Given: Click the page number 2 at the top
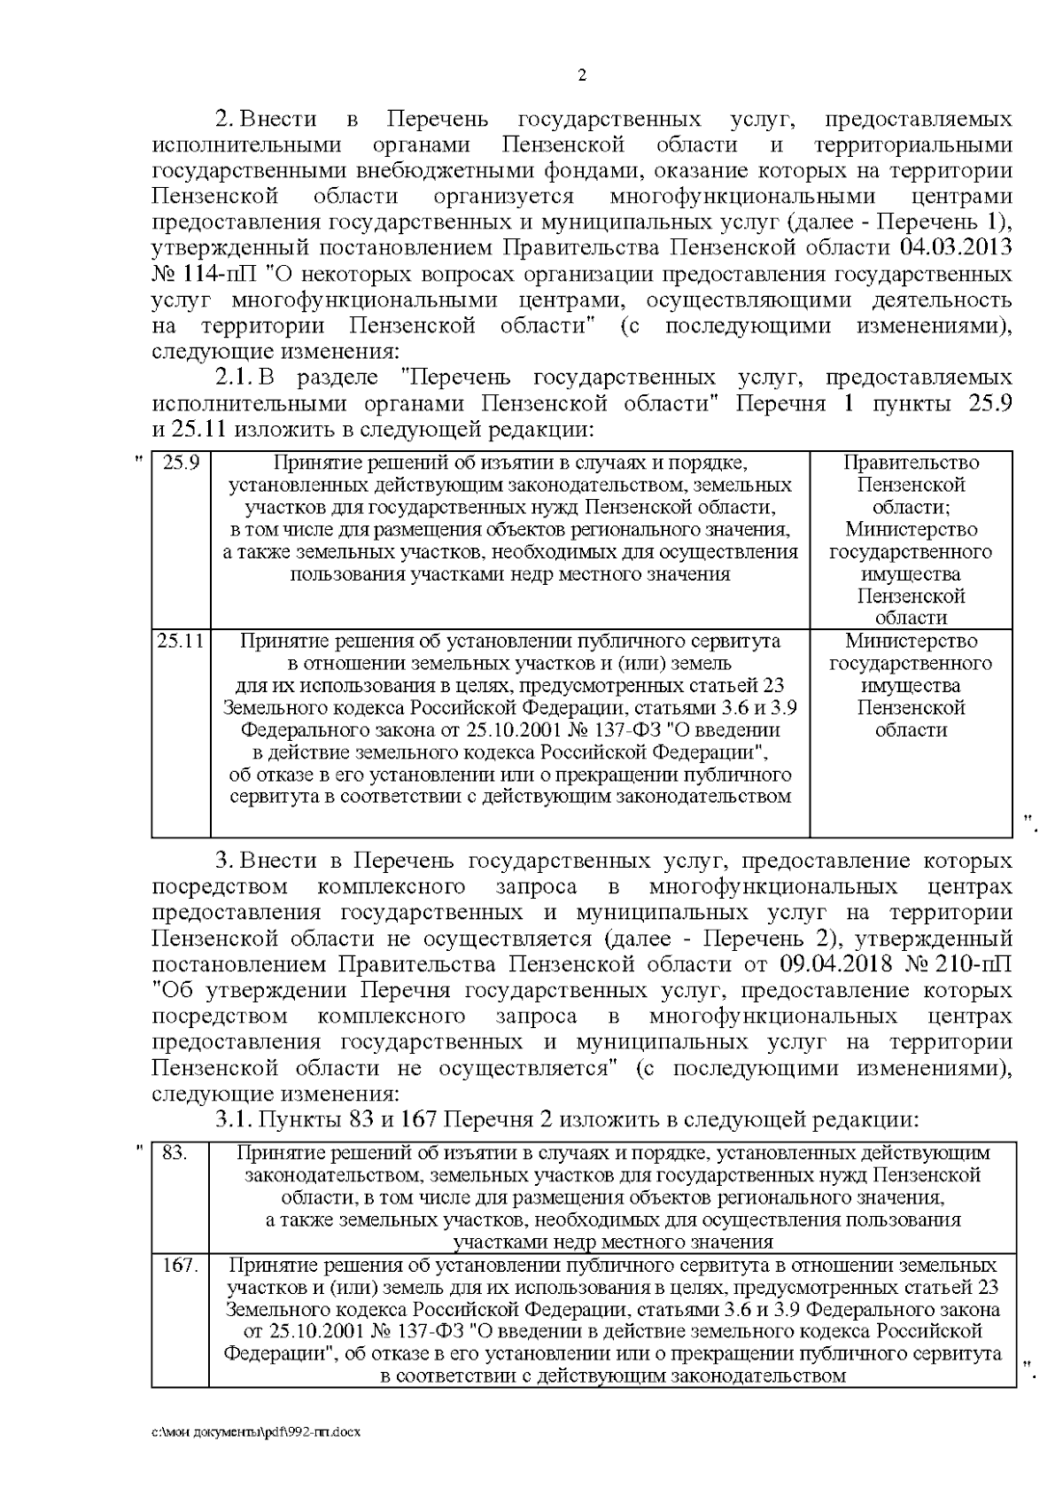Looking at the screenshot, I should (582, 75).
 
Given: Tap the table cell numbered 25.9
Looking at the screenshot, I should (181, 463).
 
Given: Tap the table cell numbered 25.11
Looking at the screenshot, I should (181, 641).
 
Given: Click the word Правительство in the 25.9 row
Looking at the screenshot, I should (911, 463).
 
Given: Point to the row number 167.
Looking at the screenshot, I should (180, 1265).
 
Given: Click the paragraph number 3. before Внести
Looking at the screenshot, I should (224, 861).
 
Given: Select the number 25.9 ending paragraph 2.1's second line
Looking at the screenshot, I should (986, 404).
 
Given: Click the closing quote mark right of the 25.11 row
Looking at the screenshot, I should (1029, 822).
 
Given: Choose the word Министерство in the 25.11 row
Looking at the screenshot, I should (911, 641).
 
